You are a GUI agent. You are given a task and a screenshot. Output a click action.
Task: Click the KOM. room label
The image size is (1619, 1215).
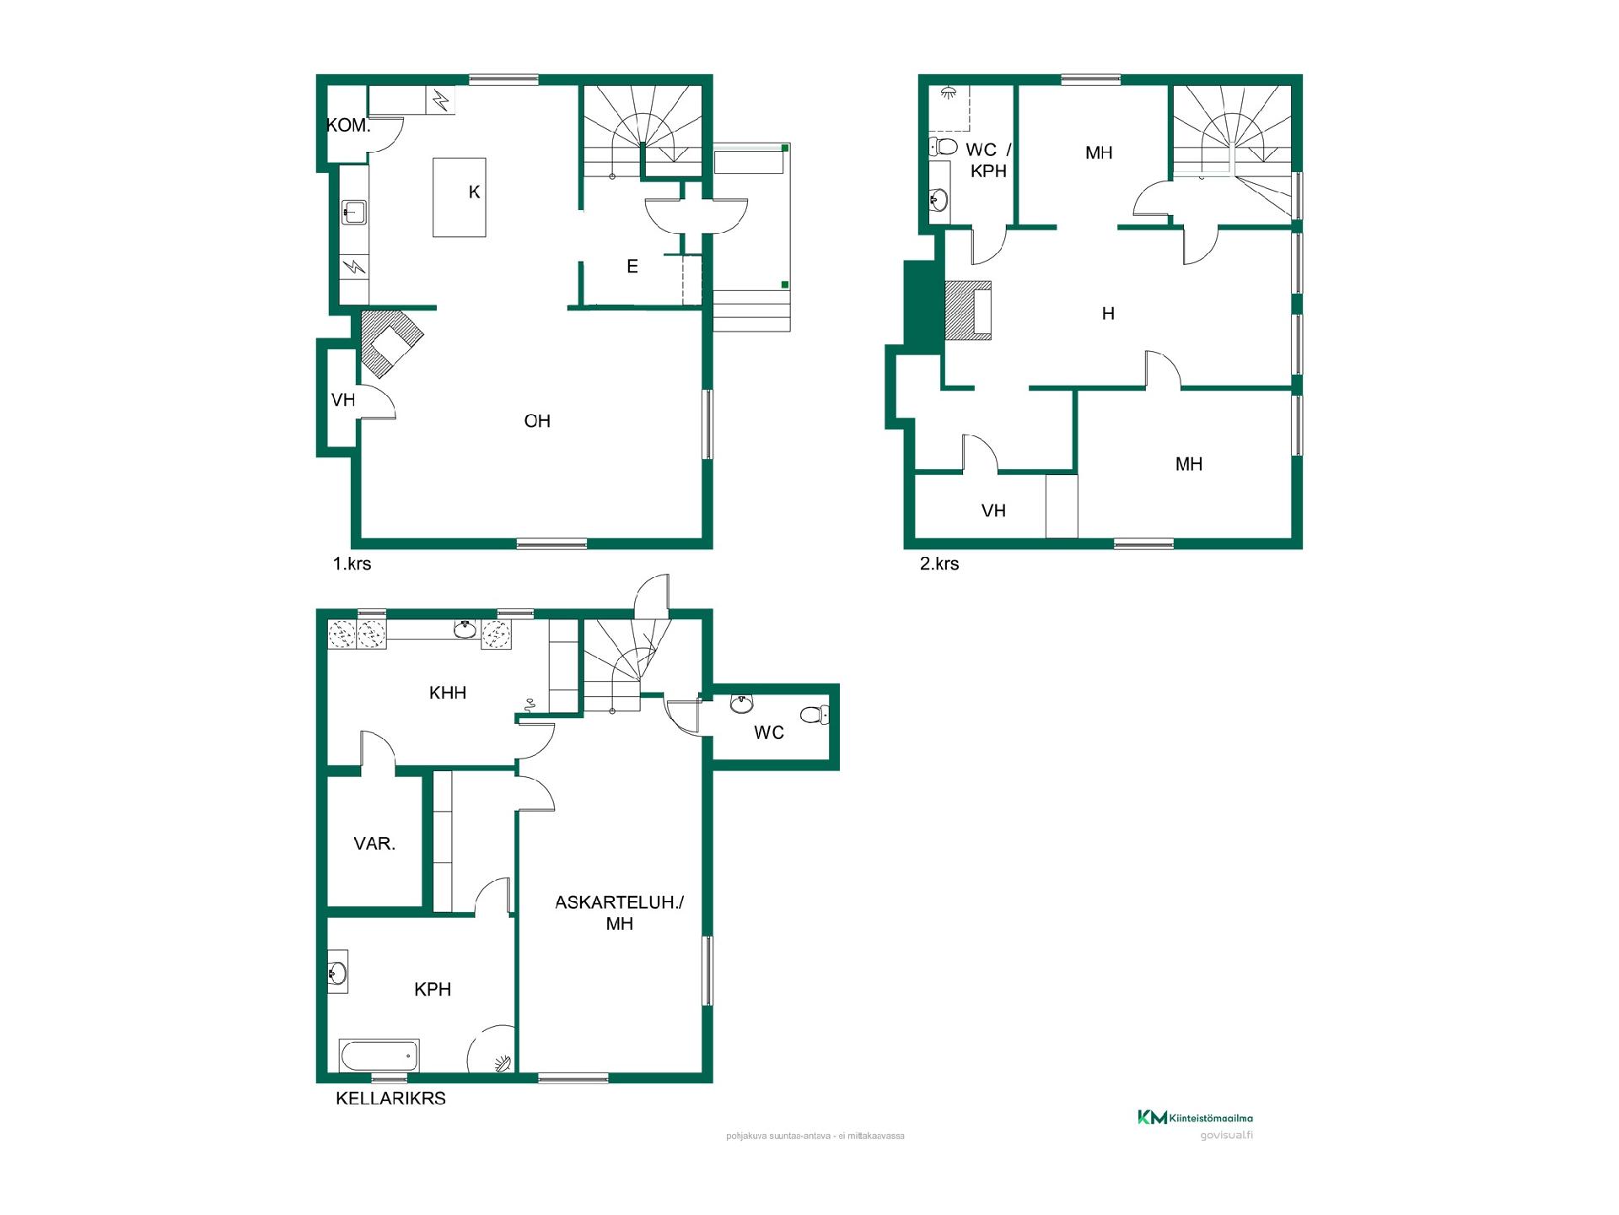pyautogui.click(x=348, y=126)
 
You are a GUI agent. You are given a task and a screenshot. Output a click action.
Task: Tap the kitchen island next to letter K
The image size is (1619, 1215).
pyautogui.click(x=460, y=197)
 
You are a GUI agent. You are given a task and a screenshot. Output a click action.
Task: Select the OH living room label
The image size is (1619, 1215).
pyautogui.click(x=537, y=421)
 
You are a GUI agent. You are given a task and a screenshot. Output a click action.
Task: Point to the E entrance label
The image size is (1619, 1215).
pyautogui.click(x=632, y=267)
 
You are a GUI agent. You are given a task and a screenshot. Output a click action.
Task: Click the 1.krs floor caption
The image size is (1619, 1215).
pyautogui.click(x=352, y=564)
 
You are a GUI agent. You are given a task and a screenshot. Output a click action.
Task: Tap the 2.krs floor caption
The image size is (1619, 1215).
pyautogui.click(x=939, y=564)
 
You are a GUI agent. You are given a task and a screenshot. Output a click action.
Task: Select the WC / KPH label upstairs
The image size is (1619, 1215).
pyautogui.click(x=988, y=160)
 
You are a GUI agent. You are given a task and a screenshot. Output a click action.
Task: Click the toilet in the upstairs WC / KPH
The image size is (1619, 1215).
pyautogui.click(x=943, y=147)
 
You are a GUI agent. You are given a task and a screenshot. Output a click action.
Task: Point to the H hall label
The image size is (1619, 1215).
pyautogui.click(x=1108, y=314)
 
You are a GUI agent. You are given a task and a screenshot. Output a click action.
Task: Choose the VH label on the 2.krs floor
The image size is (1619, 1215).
pyautogui.click(x=994, y=510)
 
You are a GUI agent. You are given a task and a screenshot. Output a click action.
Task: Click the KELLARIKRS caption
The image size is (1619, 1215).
pyautogui.click(x=390, y=1099)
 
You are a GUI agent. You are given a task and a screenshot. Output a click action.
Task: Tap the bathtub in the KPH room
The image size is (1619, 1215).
pyautogui.click(x=379, y=1056)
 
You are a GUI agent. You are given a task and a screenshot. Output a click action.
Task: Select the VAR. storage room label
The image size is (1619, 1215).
pyautogui.click(x=374, y=843)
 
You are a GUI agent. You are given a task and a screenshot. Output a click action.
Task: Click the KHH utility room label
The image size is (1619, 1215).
pyautogui.click(x=448, y=693)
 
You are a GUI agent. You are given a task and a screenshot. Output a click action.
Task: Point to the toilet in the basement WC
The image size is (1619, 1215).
pyautogui.click(x=815, y=715)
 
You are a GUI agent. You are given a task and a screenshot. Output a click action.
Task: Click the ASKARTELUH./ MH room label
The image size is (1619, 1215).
pyautogui.click(x=620, y=913)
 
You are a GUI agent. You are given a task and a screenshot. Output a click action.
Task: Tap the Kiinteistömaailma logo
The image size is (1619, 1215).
pyautogui.click(x=1195, y=1118)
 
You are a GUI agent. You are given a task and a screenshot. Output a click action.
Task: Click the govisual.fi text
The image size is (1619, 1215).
pyautogui.click(x=1226, y=1135)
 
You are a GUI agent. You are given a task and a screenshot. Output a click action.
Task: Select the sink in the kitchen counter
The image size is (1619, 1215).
pyautogui.click(x=354, y=212)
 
